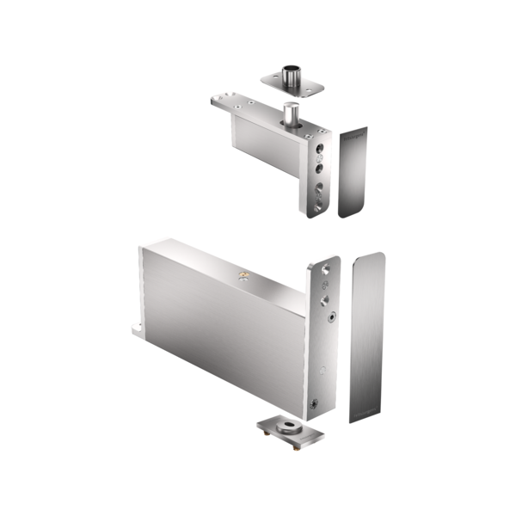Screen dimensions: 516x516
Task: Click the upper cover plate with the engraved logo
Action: click(353, 172)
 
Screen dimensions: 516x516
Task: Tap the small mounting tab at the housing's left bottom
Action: click(137, 329)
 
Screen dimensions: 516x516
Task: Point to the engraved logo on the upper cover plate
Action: click(353, 134)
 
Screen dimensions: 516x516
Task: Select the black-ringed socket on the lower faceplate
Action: click(331, 316)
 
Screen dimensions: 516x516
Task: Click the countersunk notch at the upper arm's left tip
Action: click(215, 101)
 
